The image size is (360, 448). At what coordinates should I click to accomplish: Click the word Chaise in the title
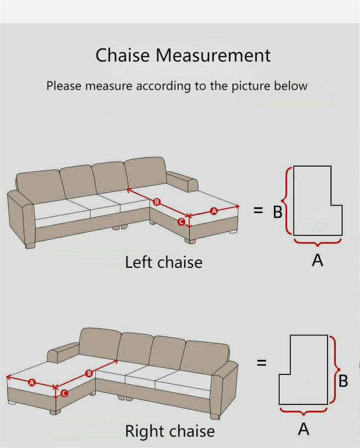[x=122, y=55]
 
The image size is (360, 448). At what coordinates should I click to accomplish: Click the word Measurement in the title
[x=213, y=55]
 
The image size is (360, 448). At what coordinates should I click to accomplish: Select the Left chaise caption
[x=163, y=262]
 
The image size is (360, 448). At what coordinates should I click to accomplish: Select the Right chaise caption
[x=170, y=431]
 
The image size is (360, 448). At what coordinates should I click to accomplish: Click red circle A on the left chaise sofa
[x=214, y=211]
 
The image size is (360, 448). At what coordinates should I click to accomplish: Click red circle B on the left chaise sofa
[x=156, y=202]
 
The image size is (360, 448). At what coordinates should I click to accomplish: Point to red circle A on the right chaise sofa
[x=31, y=382]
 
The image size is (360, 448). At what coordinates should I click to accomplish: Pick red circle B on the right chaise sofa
[x=89, y=373]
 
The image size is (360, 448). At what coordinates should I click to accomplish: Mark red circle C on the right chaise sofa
[x=64, y=393]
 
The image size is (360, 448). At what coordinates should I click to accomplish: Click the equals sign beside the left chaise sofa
[x=258, y=211]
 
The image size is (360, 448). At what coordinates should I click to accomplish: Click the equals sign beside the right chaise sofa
[x=261, y=363]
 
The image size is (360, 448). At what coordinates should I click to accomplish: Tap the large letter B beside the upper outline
[x=277, y=212]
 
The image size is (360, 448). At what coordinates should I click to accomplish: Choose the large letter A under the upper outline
[x=317, y=260]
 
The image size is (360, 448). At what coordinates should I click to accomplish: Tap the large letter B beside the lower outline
[x=343, y=380]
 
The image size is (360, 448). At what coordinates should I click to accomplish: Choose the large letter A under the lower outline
[x=303, y=429]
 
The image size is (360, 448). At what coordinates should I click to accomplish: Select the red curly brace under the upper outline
[x=317, y=243]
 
